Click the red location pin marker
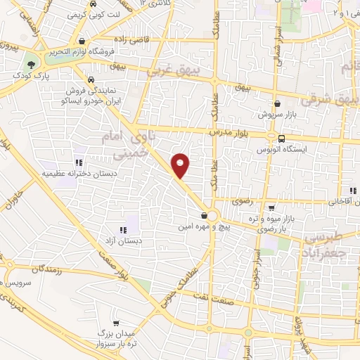tap(181, 165)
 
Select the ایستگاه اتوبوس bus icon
tap(282, 139)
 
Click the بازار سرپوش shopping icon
tap(277, 103)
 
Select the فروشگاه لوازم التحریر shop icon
tap(83, 41)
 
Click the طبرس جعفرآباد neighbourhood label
tap(330, 244)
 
